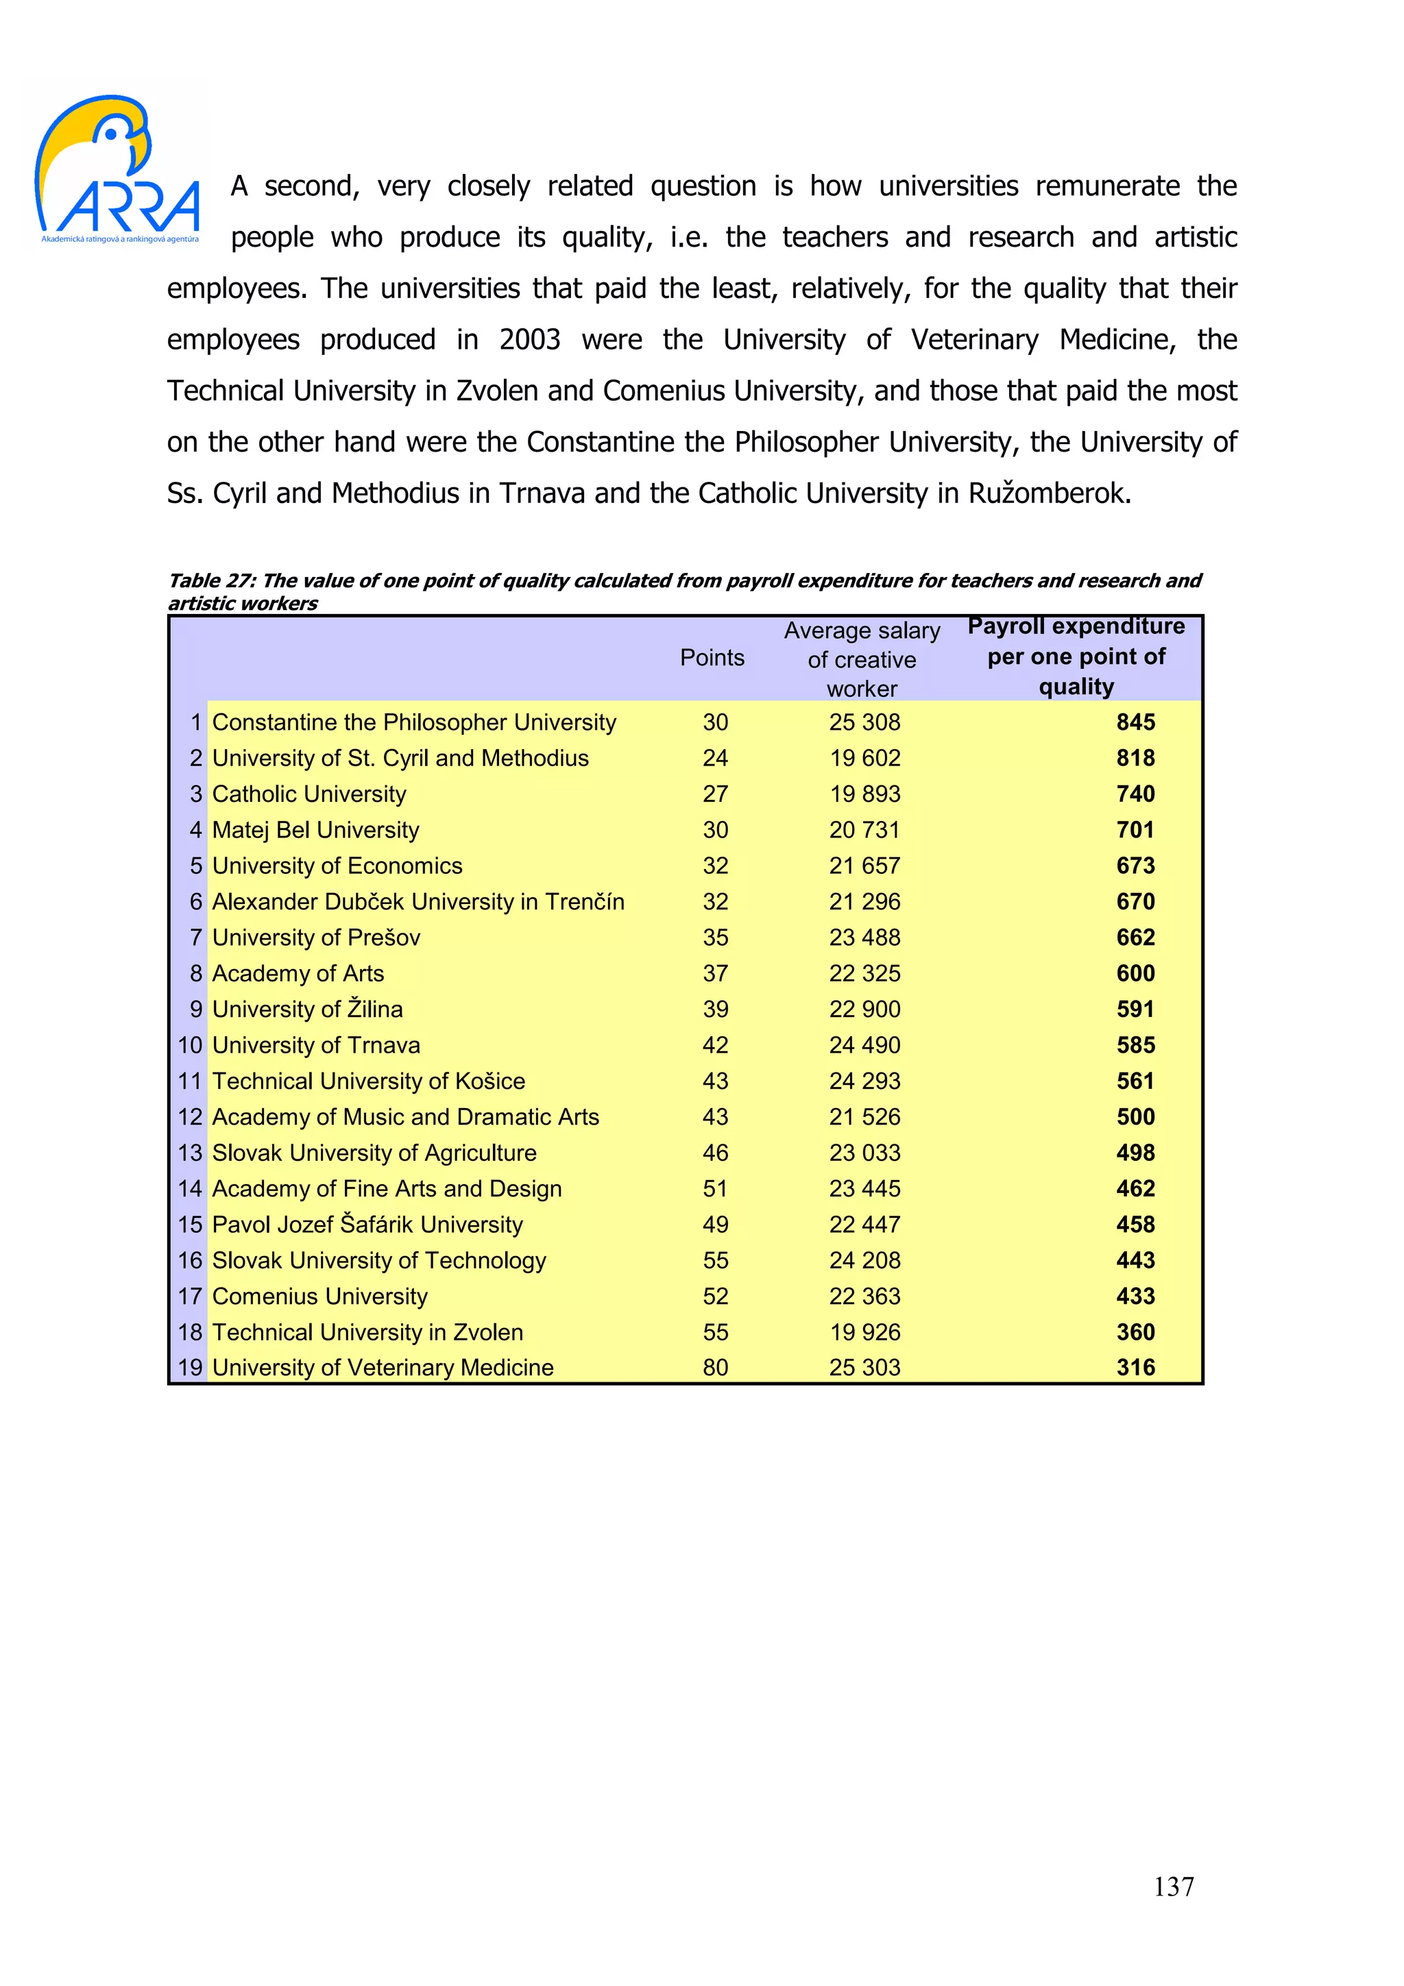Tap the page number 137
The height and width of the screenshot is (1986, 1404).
coord(1173,1886)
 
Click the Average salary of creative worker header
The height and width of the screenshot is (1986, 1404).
coord(862,659)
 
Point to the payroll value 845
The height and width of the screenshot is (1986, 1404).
coord(1135,722)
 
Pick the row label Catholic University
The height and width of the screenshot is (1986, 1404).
coord(308,794)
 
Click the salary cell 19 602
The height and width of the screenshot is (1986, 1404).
coord(864,759)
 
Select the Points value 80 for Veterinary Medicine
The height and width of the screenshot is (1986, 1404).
coord(714,1368)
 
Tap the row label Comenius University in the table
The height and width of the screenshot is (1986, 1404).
coord(319,1297)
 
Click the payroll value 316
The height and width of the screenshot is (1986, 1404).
coord(1135,1368)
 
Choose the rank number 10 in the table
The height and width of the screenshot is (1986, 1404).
coord(189,1046)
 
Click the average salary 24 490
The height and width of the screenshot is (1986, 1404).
coord(864,1046)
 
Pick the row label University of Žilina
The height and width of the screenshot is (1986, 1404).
coord(307,1009)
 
